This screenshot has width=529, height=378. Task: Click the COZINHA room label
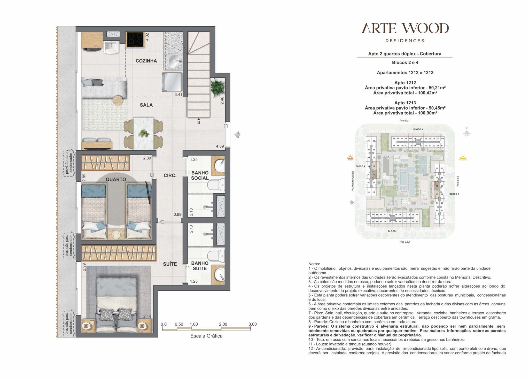pyautogui.click(x=146, y=61)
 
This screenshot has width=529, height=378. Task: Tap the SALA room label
pyautogui.click(x=146, y=105)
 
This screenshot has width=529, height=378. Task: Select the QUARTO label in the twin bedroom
pyautogui.click(x=116, y=179)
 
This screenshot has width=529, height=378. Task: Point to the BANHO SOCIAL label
pyautogui.click(x=200, y=175)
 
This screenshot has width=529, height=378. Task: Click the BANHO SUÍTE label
pyautogui.click(x=200, y=266)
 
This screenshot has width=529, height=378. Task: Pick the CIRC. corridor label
pyautogui.click(x=170, y=175)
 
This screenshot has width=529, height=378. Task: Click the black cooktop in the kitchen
pyautogui.click(x=135, y=40)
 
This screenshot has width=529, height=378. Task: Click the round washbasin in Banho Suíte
pyautogui.click(x=220, y=274)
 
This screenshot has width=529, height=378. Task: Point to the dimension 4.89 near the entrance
pyautogui.click(x=220, y=146)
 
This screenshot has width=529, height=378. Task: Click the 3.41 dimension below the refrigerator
pyautogui.click(x=178, y=95)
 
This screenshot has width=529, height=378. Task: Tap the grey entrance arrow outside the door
pyautogui.click(x=237, y=135)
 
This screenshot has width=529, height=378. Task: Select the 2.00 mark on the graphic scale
pyautogui.click(x=223, y=324)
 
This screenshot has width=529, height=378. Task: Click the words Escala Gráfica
pyautogui.click(x=206, y=336)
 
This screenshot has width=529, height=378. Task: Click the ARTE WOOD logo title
pyautogui.click(x=405, y=28)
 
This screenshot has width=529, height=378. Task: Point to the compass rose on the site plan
pyautogui.click(x=467, y=133)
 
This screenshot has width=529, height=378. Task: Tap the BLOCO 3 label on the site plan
pyautogui.click(x=418, y=129)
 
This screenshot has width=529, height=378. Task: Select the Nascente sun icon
pyautogui.click(x=463, y=157)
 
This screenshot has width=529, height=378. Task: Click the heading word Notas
pyautogui.click(x=314, y=264)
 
